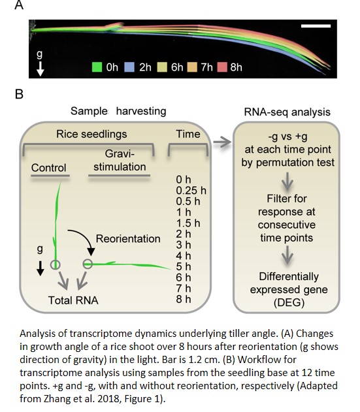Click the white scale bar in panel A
click(316, 25)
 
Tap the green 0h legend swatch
click(97, 67)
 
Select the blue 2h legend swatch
click(129, 67)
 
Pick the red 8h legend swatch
click(222, 67)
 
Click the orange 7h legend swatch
click(192, 67)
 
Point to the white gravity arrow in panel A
click(40, 69)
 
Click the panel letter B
click(19, 94)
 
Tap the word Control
click(48, 168)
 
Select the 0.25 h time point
click(191, 191)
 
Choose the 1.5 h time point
click(188, 223)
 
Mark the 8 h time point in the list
click(184, 299)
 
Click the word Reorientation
click(128, 238)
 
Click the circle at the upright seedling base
click(56, 264)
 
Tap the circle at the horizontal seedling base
click(88, 264)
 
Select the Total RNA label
click(73, 300)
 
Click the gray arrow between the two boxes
click(222, 142)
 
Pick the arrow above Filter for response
click(287, 182)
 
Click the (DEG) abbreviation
click(289, 303)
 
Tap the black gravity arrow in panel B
click(41, 268)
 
